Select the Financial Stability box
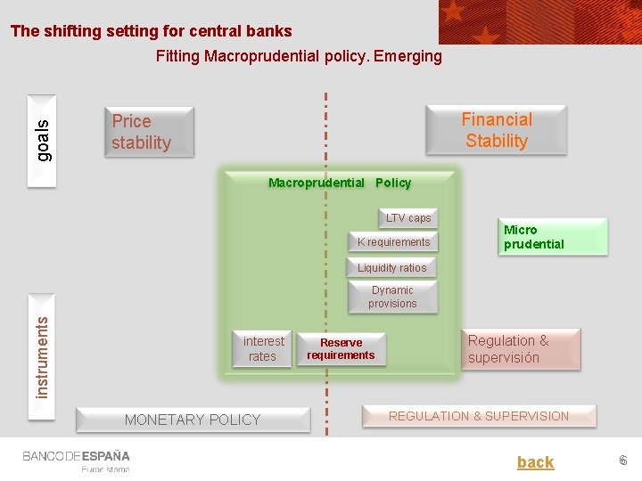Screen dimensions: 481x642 [x=497, y=130]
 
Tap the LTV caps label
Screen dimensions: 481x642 [x=407, y=218]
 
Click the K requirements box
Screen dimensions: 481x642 [x=393, y=242]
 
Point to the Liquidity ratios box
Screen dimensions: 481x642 [x=391, y=268]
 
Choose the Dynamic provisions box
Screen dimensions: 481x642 [x=392, y=297]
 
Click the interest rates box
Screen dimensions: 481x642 [x=263, y=348]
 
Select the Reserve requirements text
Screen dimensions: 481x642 [x=341, y=348]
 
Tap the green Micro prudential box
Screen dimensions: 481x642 [x=553, y=237]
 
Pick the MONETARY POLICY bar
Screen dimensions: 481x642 [x=193, y=420]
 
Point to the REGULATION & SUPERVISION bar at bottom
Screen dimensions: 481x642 [x=478, y=416]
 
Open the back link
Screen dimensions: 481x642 [x=535, y=462]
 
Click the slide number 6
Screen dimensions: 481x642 [x=623, y=461]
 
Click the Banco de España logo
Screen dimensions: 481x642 [x=77, y=460]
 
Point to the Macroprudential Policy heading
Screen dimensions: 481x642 [x=340, y=183]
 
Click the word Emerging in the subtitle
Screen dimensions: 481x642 [x=407, y=56]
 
